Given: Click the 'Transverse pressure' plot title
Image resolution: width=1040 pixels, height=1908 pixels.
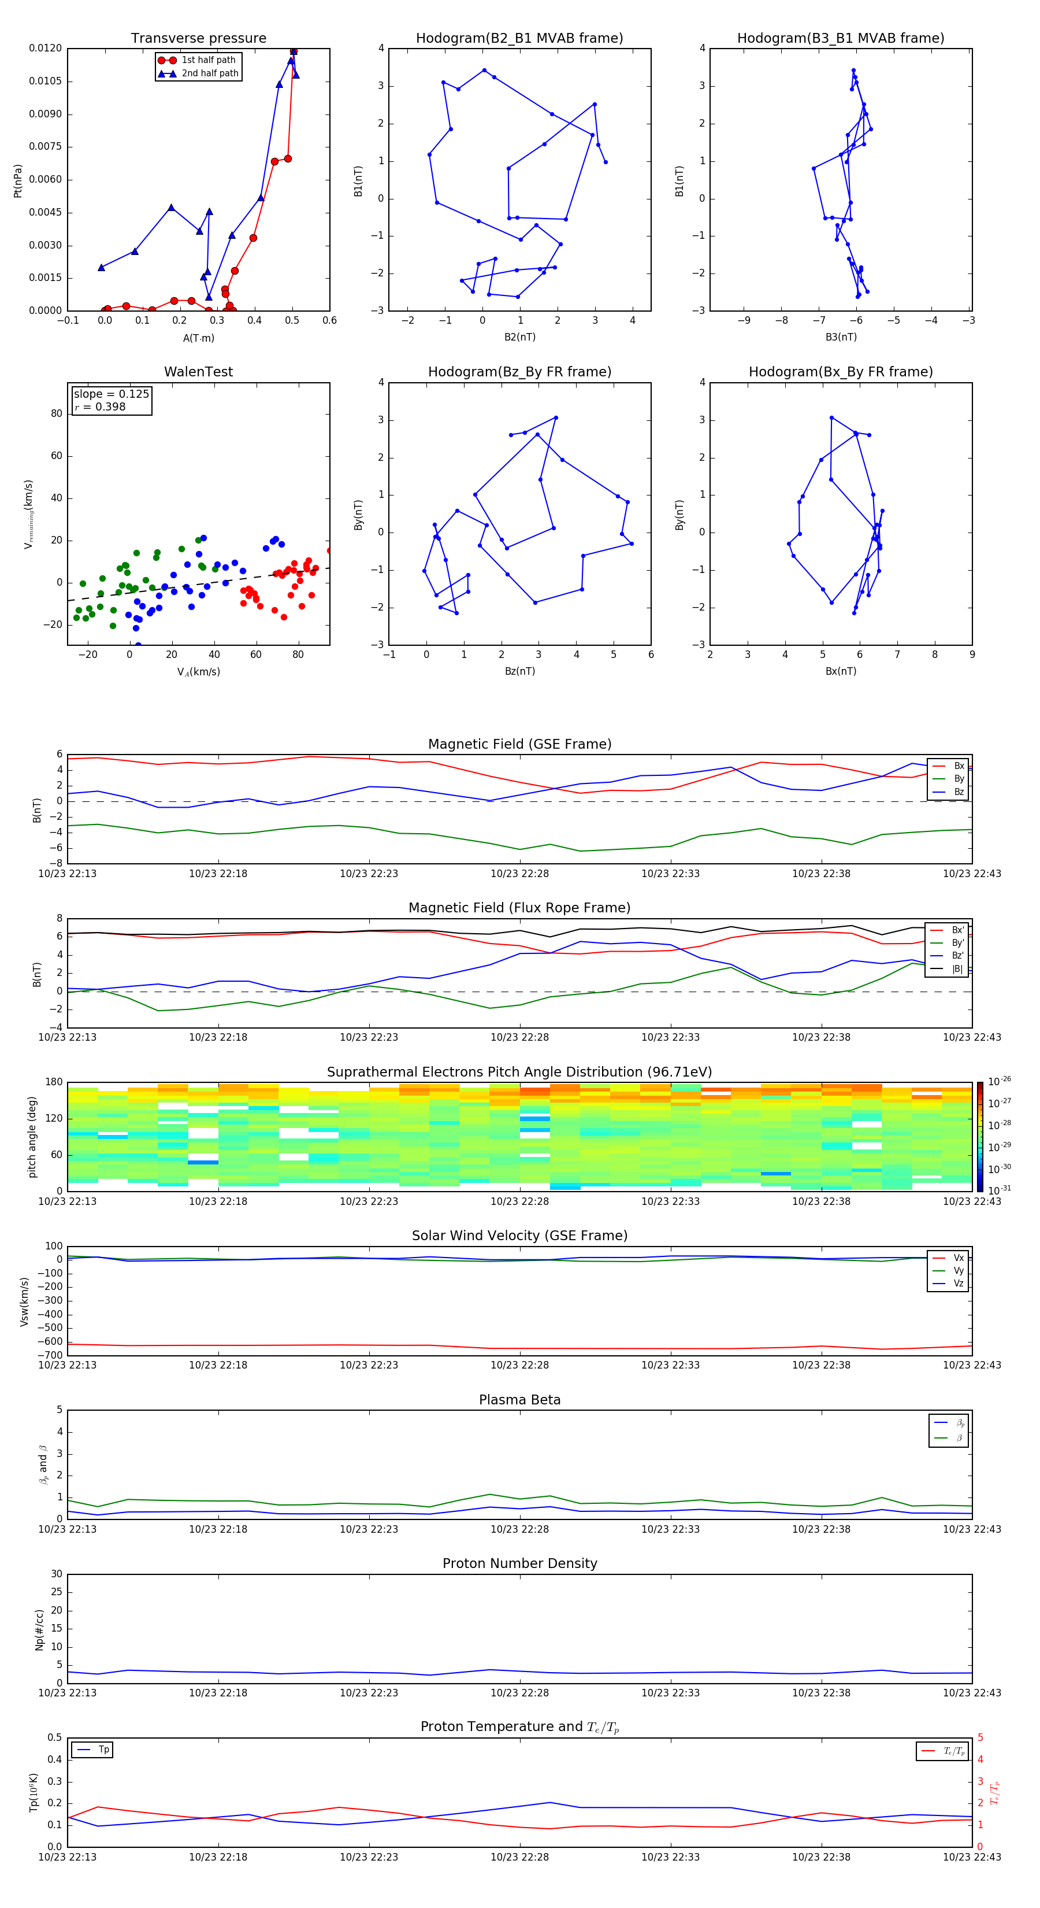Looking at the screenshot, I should [x=198, y=39].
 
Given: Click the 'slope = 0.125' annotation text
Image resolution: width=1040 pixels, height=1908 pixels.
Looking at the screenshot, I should [x=111, y=394].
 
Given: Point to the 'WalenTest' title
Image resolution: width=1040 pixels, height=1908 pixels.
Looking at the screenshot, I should [x=198, y=372].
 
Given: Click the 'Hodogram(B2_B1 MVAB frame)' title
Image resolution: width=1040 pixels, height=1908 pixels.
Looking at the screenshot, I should [x=519, y=39].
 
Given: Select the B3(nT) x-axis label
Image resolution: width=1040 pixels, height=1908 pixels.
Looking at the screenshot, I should [x=841, y=337].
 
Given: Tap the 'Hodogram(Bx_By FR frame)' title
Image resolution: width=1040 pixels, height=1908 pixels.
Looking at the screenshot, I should [x=840, y=372].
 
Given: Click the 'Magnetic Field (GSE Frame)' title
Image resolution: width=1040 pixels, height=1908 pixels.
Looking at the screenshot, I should [x=519, y=744].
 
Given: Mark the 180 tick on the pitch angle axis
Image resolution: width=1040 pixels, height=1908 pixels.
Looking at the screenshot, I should [x=54, y=1082].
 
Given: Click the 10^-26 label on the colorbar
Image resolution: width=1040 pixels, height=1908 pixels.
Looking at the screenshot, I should [x=1000, y=1081].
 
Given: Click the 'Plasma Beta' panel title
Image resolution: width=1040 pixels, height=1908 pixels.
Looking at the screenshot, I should [x=519, y=1400].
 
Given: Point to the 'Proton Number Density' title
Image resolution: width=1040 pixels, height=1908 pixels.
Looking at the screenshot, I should [x=519, y=1563].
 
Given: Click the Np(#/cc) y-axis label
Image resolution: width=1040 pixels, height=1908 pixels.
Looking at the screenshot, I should [x=39, y=1629].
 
